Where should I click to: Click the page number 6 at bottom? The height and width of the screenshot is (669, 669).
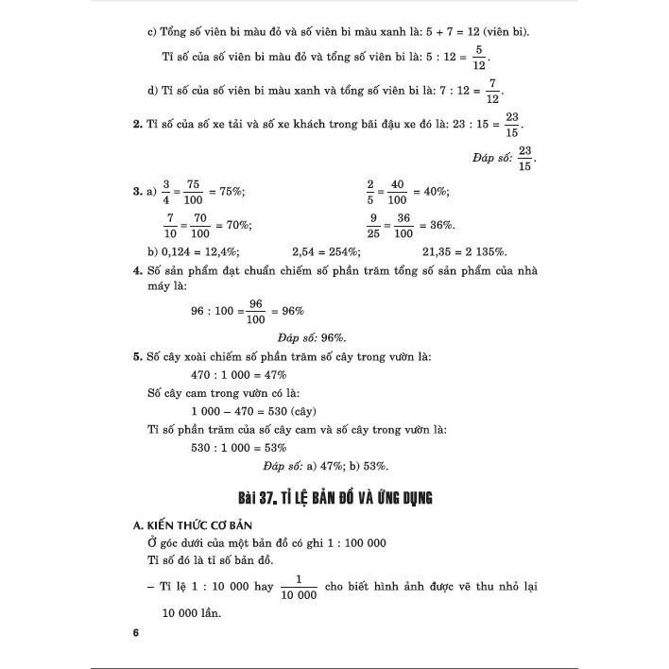tap(136, 633)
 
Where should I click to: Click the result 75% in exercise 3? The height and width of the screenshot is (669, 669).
tap(231, 192)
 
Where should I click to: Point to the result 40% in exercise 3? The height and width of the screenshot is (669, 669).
tap(434, 192)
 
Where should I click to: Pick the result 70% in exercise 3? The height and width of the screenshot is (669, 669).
tap(236, 226)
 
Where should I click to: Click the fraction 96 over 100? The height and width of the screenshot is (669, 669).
tap(254, 311)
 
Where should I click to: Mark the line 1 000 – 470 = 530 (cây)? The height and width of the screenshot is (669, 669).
tap(253, 411)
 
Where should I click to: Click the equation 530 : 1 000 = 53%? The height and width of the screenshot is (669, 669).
tap(240, 447)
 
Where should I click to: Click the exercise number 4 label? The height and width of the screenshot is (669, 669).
tap(137, 271)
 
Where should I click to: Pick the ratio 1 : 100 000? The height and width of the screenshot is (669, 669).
tap(346, 542)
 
